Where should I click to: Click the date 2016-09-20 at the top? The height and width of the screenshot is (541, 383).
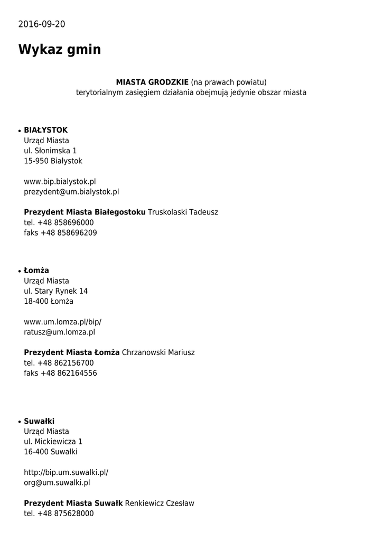click(x=42, y=24)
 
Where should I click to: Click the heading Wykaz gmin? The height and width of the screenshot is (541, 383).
click(x=59, y=50)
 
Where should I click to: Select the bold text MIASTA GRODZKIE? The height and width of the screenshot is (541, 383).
click(x=152, y=82)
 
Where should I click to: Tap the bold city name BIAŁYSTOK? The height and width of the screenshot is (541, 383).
click(x=45, y=130)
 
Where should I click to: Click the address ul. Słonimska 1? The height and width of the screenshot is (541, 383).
click(x=50, y=151)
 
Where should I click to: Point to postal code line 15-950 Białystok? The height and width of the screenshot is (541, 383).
click(x=53, y=161)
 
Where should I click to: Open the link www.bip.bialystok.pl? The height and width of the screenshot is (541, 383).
click(x=60, y=181)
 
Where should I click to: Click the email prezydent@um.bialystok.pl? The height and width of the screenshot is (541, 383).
click(x=71, y=192)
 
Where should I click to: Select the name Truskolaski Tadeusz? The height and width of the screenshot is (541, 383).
click(x=183, y=212)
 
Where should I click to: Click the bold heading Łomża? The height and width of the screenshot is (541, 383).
click(x=36, y=270)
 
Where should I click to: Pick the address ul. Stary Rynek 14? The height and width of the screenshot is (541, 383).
click(x=55, y=291)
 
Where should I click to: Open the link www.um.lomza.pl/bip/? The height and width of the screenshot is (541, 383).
click(x=62, y=322)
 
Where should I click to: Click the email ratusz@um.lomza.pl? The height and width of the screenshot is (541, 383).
click(x=59, y=332)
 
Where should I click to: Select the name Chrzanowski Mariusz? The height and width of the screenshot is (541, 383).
click(x=158, y=352)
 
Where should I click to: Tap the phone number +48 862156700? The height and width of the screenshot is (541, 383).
click(x=66, y=363)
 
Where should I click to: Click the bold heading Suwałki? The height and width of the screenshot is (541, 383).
click(x=39, y=421)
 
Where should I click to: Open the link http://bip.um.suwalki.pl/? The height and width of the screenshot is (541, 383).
click(x=66, y=472)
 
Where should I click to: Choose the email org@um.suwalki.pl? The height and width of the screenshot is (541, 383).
click(x=57, y=482)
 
